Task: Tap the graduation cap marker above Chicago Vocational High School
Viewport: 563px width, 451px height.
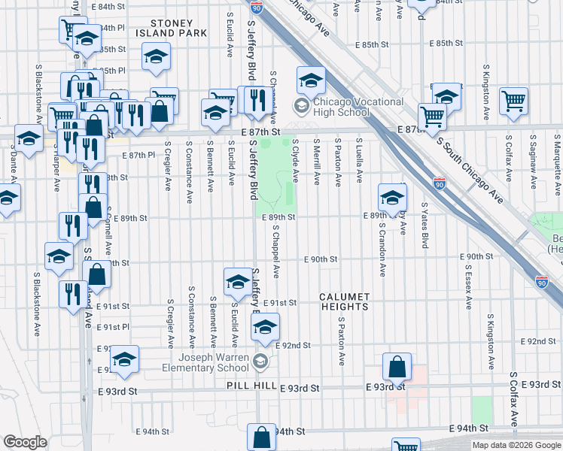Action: point(310,79)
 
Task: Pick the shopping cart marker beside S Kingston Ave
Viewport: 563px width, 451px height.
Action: point(513,100)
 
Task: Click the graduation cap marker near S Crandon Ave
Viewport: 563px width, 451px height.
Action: point(392,198)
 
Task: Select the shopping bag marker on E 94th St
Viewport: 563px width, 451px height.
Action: point(260,437)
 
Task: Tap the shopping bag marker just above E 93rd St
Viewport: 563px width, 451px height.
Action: point(397,367)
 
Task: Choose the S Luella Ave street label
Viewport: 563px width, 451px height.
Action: point(361,160)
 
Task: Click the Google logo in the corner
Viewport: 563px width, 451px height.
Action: point(25,442)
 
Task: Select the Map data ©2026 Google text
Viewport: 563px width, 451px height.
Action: point(516,445)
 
